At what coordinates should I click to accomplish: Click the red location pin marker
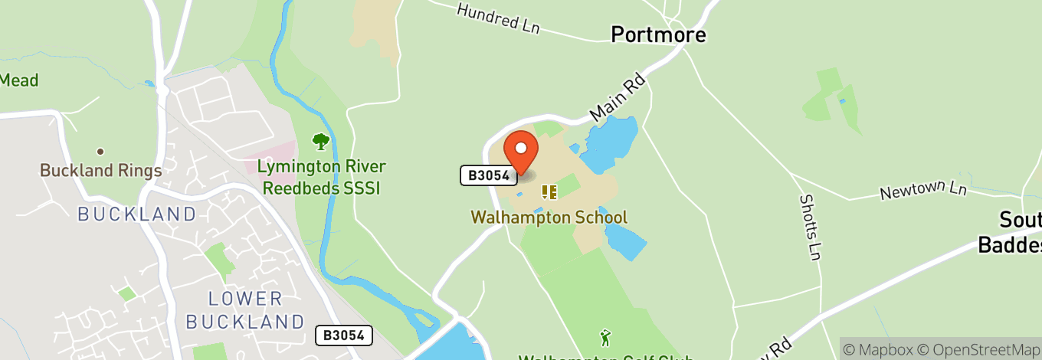[x=522, y=149]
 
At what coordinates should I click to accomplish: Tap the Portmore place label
[x=657, y=34]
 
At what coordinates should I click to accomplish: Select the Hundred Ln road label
[x=499, y=18]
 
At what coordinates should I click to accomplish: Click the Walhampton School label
[x=549, y=218]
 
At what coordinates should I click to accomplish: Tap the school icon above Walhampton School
[x=549, y=191]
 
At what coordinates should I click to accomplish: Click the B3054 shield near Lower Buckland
[x=344, y=335]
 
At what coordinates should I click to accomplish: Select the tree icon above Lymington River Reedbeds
[x=320, y=141]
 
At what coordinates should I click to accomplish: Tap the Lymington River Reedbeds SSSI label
[x=321, y=177]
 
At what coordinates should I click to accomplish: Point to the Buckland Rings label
[x=100, y=170]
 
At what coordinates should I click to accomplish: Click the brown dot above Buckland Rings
[x=100, y=152]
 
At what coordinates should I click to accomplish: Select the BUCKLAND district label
[x=136, y=214]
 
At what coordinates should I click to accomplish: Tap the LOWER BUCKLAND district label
[x=245, y=309]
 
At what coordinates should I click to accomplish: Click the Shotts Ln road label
[x=810, y=226]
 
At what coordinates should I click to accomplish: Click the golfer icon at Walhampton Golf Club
[x=605, y=337]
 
